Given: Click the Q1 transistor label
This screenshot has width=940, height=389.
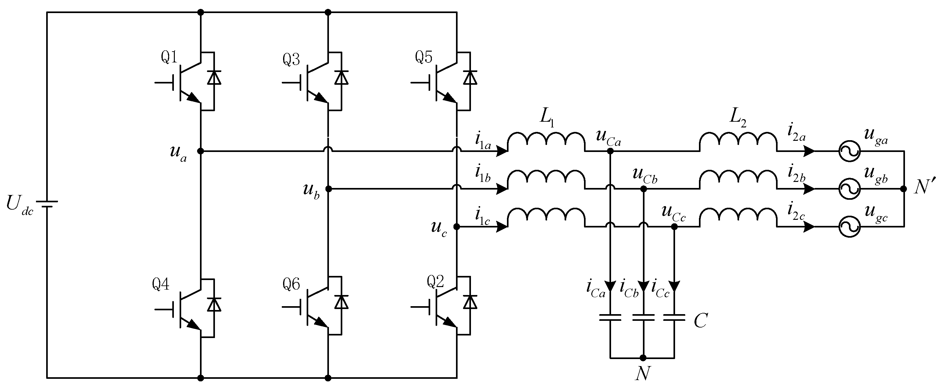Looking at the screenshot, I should [x=169, y=58].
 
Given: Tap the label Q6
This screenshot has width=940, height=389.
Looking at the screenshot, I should [x=291, y=284].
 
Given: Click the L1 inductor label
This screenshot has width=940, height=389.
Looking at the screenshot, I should [x=547, y=118].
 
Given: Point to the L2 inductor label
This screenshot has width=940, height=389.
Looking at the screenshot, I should [x=738, y=118].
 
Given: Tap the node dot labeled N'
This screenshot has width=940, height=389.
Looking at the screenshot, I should [x=903, y=189].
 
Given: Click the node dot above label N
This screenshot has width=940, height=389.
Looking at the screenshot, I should [x=643, y=358].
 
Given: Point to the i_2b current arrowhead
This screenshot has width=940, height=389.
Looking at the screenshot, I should [x=809, y=189].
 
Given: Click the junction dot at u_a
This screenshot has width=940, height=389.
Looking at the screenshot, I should [x=200, y=151].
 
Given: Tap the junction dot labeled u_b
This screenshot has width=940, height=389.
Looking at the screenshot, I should [x=328, y=189].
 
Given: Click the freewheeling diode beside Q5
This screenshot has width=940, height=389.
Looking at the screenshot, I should [x=470, y=78].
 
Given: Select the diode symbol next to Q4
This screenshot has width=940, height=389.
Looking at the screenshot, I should [x=214, y=304].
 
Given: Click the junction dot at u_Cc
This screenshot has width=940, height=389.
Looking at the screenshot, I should [x=674, y=227].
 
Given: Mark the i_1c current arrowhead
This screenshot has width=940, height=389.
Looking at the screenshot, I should [x=502, y=227].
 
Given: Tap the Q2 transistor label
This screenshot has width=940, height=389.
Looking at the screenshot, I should [x=435, y=282].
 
